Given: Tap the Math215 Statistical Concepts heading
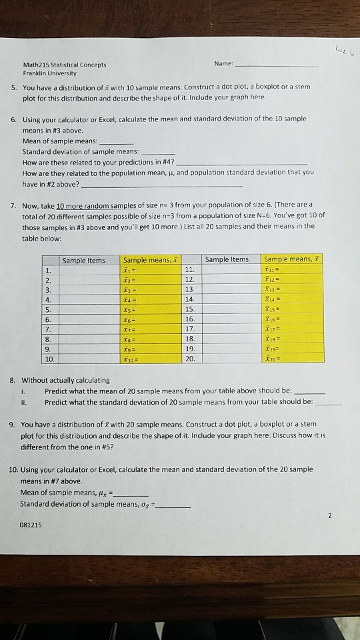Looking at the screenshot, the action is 64,65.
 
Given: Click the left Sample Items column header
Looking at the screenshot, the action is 83,260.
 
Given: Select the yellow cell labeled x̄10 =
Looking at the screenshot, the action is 150,358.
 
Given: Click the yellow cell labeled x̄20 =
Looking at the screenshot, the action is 293,358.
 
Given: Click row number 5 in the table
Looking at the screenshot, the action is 47,309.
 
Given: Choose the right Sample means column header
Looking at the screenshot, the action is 293,259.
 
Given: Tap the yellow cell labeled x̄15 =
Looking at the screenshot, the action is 293,309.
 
